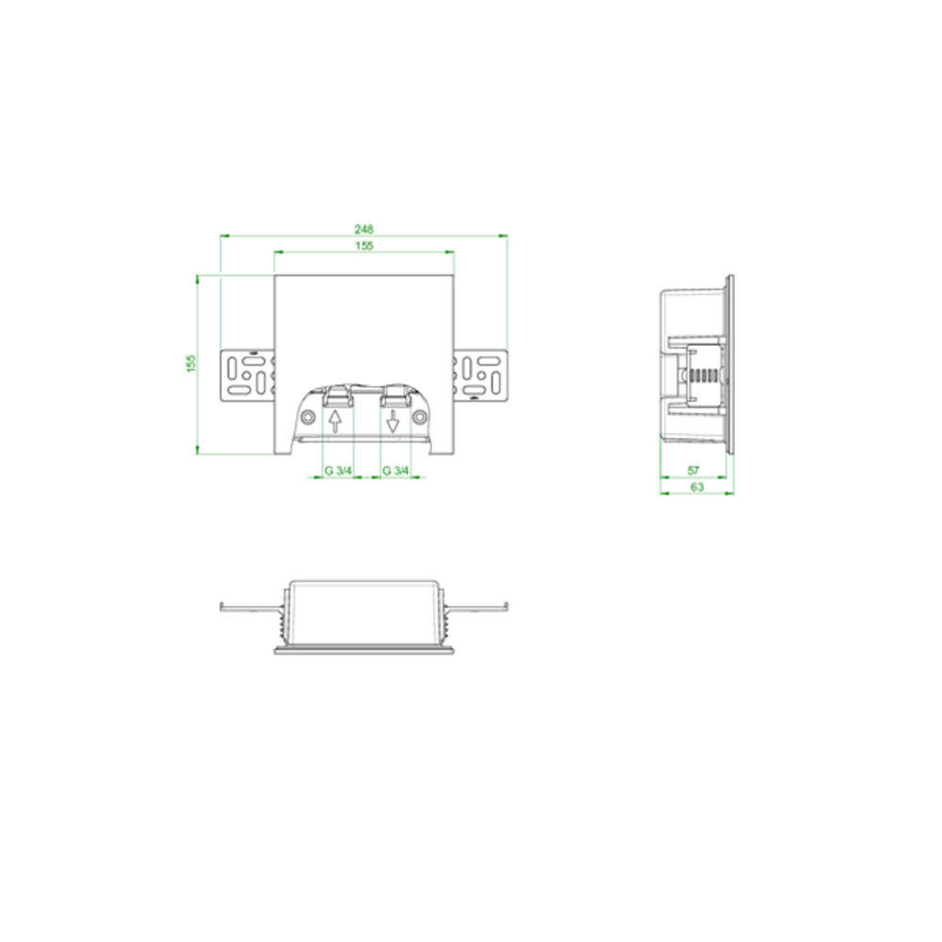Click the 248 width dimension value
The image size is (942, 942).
pos(364,229)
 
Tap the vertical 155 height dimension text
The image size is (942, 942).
pos(191,364)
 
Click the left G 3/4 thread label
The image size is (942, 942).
pos(338,470)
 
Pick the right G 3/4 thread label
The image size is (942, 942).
pos(396,470)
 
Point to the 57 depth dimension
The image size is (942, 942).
pos(693,470)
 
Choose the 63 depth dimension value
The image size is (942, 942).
pos(697,487)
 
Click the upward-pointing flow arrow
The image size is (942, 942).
pos(335,421)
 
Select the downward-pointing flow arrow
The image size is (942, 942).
pos(393,421)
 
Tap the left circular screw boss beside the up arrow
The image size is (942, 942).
pos(308,416)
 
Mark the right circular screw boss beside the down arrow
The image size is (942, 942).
pos(420,416)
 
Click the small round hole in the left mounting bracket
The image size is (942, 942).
pos(247,376)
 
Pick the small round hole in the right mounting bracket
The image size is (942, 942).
pos(481,376)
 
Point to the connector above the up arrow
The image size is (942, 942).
pos(337,396)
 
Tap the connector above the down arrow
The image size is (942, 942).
pos(396,396)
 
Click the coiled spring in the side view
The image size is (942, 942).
pos(706,376)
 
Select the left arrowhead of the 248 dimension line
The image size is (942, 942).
pos(225,236)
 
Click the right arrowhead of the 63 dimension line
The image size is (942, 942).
pos(729,494)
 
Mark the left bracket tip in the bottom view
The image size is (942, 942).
pos(221,607)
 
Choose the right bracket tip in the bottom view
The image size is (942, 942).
pos(507,607)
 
